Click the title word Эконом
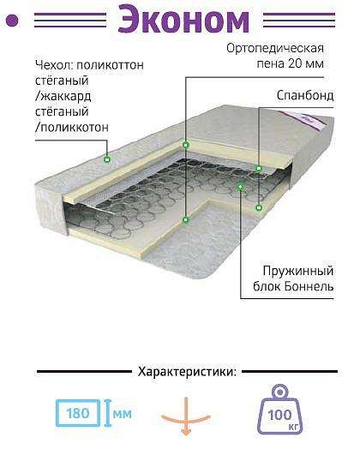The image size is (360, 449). click(x=183, y=20)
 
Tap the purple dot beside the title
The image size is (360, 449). click(x=12, y=21)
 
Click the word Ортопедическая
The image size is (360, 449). click(x=275, y=48)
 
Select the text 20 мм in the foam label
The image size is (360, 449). click(x=306, y=63)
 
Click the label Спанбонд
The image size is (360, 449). click(x=305, y=96)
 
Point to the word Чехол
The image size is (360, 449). click(x=53, y=65)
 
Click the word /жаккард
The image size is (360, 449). click(x=63, y=96)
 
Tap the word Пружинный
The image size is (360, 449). click(x=298, y=270)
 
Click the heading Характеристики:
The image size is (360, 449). click(x=188, y=372)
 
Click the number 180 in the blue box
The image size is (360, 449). click(x=78, y=413)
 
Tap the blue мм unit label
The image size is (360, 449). click(x=123, y=414)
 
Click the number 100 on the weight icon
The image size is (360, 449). click(x=279, y=415)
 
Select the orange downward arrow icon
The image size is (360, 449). click(x=186, y=416)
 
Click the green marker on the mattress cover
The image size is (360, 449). click(x=107, y=159)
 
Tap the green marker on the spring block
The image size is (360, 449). click(x=240, y=187)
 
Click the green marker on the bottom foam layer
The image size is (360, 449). click(x=186, y=220)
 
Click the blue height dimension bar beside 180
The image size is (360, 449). click(x=108, y=413)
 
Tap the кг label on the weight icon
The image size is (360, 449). click(x=293, y=428)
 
